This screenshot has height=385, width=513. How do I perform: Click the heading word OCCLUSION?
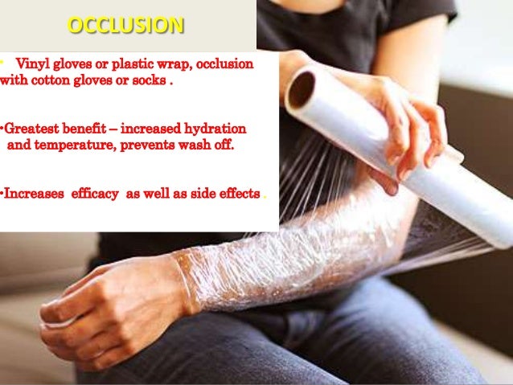[125, 26]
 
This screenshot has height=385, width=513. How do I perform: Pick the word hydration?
[215, 129]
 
